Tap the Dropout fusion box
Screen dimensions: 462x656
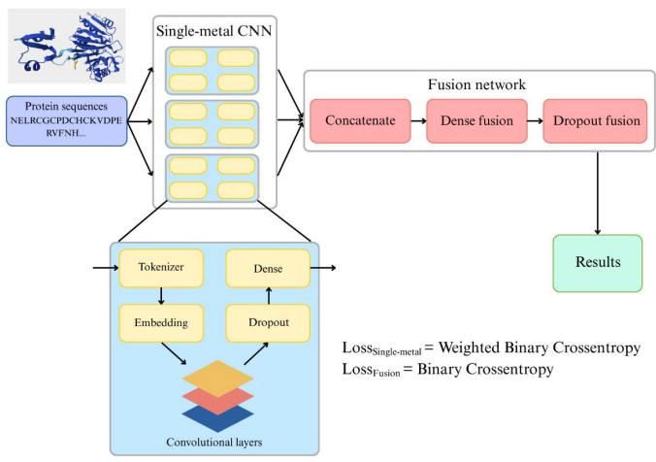(x=595, y=121)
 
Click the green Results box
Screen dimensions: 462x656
(x=597, y=263)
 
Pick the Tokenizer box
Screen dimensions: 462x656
(x=161, y=268)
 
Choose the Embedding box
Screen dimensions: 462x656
(x=161, y=321)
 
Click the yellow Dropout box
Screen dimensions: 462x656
(x=267, y=321)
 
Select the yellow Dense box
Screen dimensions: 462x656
(x=267, y=268)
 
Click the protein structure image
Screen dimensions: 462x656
(x=66, y=46)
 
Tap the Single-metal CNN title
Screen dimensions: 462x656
(x=214, y=32)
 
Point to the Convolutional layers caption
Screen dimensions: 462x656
(x=214, y=443)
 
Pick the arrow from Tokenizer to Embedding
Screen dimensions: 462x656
(x=161, y=295)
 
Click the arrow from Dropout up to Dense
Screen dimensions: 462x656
(x=267, y=295)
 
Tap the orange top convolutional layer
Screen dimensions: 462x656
(x=214, y=378)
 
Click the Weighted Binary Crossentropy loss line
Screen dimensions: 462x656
(x=491, y=347)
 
